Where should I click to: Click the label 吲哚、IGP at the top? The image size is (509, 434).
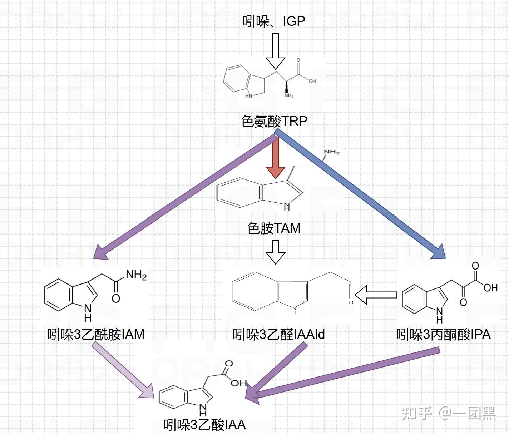pos(274,21)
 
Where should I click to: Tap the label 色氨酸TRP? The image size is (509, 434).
pos(274,121)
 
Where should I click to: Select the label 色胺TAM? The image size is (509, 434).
pos(274,228)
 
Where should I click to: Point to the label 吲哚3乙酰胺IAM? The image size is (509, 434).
pos(96,335)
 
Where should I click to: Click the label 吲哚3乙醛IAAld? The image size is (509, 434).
pos(278,335)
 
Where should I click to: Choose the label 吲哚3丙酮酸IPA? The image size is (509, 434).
pos(443,335)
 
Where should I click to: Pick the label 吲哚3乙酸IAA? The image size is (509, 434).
pos(205,425)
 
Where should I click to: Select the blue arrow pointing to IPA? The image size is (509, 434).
pos(361,195)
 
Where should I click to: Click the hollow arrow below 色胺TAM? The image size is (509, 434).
pos(275,252)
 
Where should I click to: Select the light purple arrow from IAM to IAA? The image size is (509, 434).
pos(123,370)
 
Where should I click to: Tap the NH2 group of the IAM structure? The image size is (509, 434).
pos(136,275)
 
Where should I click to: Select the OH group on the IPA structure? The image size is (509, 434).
pos(490,287)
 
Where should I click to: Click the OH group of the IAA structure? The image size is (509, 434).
pos(238,383)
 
